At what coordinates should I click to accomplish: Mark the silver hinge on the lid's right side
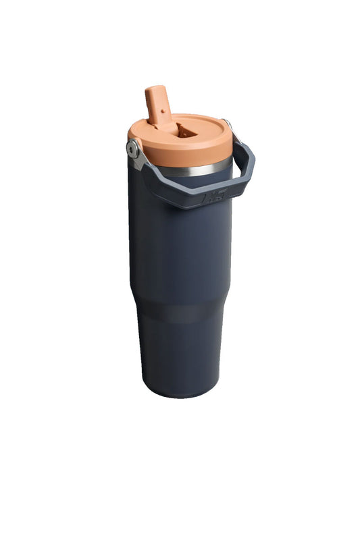click(228, 127)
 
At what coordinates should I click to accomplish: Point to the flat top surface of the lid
click(203, 128)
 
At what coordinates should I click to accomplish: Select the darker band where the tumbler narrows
click(179, 312)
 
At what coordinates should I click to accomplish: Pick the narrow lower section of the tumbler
click(181, 354)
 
